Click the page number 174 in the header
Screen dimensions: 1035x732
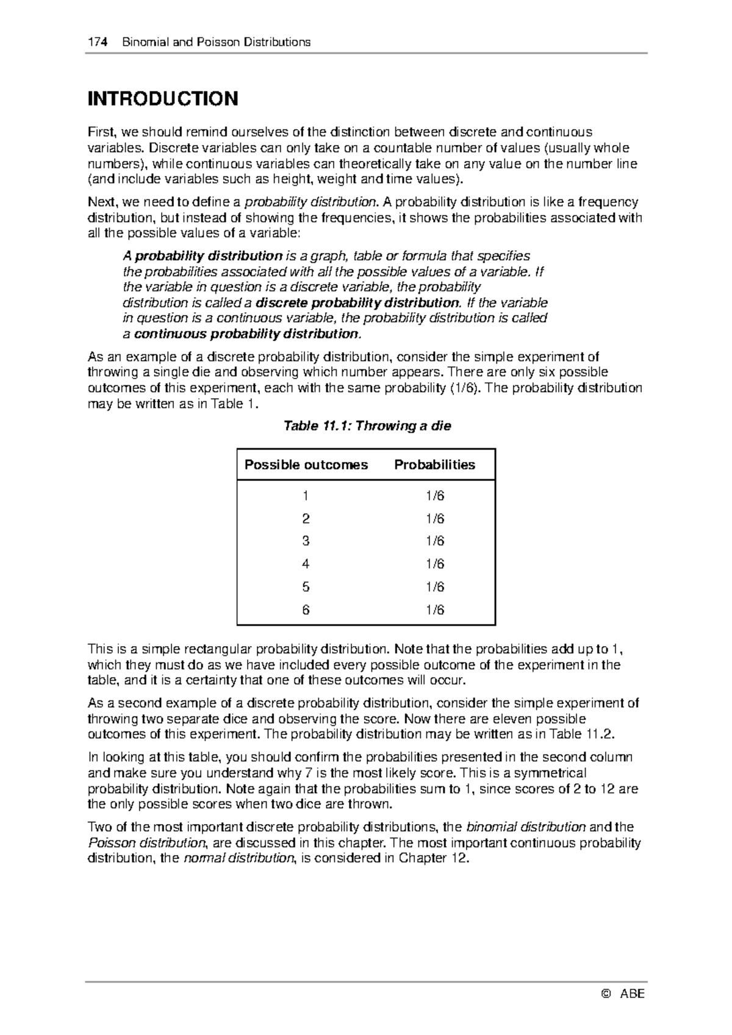click(97, 42)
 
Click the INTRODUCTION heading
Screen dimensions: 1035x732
click(163, 99)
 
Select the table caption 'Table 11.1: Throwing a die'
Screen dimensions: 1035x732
click(367, 426)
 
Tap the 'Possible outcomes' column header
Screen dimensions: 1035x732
click(306, 465)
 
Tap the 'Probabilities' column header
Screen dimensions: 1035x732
click(434, 465)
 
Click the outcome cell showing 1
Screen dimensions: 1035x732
click(306, 496)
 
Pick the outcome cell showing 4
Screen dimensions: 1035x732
click(306, 564)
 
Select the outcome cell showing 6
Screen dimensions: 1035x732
click(306, 610)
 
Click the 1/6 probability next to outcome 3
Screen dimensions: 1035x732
click(435, 541)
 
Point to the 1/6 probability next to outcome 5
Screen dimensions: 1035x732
click(435, 587)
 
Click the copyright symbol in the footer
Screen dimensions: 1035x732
click(605, 994)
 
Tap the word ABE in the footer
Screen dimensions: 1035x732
click(632, 994)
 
